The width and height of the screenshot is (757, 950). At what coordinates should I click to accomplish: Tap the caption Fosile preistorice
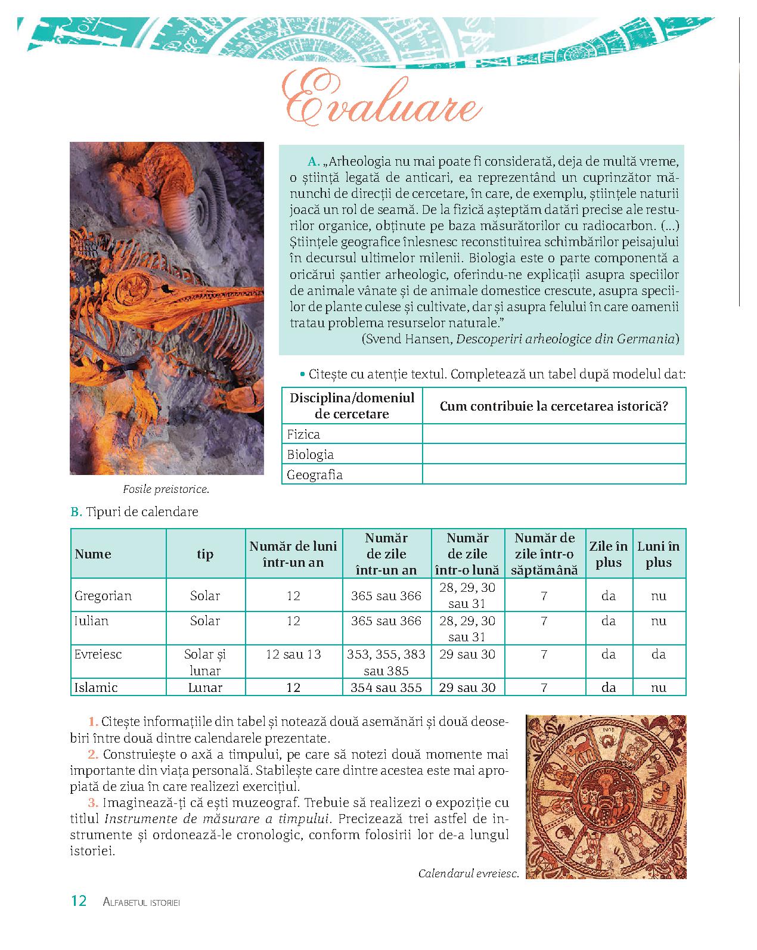(x=166, y=489)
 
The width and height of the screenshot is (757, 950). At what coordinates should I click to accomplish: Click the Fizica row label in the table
(x=303, y=434)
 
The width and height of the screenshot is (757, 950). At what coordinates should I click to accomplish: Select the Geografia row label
(x=314, y=475)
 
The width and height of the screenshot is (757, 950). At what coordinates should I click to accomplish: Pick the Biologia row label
(x=310, y=455)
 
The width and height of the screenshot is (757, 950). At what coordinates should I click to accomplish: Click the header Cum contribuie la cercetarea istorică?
(x=554, y=406)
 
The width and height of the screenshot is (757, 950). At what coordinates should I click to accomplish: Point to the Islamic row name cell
(x=96, y=687)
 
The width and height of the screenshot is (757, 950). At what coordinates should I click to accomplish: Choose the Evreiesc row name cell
(x=98, y=654)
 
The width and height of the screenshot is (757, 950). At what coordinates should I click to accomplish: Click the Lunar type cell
(x=205, y=687)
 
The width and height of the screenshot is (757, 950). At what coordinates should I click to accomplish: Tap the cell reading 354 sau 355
(x=386, y=687)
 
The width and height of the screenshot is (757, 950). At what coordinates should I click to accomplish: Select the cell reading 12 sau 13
(x=293, y=654)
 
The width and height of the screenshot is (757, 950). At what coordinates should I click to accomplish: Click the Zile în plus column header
(x=609, y=554)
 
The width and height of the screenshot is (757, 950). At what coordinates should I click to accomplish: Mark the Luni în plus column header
(x=658, y=554)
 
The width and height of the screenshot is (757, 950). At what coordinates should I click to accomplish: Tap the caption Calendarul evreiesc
(x=469, y=874)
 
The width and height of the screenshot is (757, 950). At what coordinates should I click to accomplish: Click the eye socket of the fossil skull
(x=135, y=285)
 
